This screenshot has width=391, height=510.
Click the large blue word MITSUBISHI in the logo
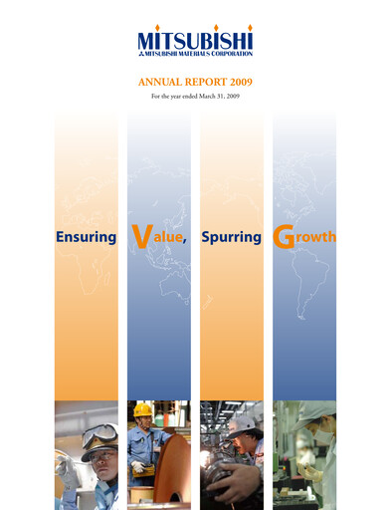click(x=195, y=43)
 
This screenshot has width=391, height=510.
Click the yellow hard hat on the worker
click(x=144, y=409)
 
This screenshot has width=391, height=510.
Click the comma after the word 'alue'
click(x=186, y=244)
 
